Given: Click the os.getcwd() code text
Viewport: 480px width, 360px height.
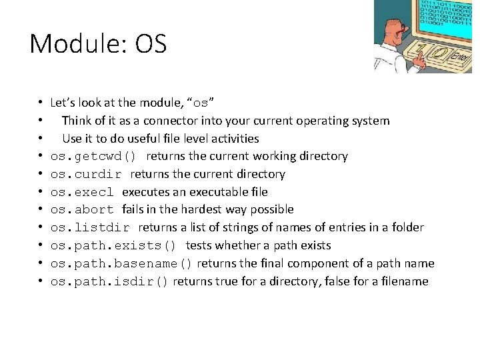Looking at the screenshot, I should coord(93,157).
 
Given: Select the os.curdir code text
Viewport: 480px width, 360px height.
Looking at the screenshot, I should coord(86,175).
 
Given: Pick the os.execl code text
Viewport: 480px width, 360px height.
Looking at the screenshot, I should coord(83,192).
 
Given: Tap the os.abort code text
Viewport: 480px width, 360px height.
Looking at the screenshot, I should coord(83,210).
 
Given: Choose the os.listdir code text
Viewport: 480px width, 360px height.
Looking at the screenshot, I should coord(90,228).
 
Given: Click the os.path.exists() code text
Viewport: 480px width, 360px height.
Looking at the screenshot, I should coord(113,246).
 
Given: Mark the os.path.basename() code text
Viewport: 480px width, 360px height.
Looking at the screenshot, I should coord(121,264).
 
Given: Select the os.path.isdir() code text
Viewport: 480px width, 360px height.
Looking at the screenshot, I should coord(110,282).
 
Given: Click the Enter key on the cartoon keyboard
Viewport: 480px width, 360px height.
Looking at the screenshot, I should coord(458,58).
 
